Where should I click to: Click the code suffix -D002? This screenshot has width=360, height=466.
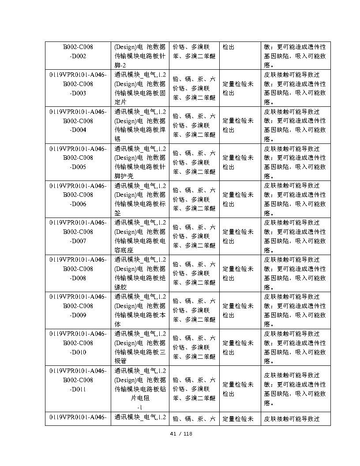pyautogui.click(x=78, y=56)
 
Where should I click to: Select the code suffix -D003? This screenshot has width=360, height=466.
pyautogui.click(x=78, y=93)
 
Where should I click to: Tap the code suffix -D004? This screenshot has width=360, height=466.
pyautogui.click(x=78, y=130)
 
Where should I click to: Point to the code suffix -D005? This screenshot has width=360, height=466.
pyautogui.click(x=78, y=167)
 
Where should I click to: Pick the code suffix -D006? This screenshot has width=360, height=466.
pyautogui.click(x=78, y=204)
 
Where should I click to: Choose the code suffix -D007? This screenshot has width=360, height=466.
pyautogui.click(x=78, y=241)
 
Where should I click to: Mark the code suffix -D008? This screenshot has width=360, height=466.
pyautogui.click(x=78, y=278)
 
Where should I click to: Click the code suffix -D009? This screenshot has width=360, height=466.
pyautogui.click(x=78, y=316)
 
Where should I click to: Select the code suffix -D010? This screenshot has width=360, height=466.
pyautogui.click(x=78, y=353)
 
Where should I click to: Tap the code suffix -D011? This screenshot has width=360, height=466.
pyautogui.click(x=78, y=390)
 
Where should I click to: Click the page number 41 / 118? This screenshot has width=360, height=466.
pyautogui.click(x=181, y=434)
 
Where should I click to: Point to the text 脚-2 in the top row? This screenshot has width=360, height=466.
pyautogui.click(x=120, y=65)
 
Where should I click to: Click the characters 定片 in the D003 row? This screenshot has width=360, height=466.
pyautogui.click(x=120, y=102)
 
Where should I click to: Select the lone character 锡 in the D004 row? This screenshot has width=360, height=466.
pyautogui.click(x=117, y=139)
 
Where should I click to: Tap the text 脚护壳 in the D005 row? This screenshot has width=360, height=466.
pyautogui.click(x=124, y=177)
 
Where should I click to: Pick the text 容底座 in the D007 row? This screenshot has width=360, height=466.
pyautogui.click(x=124, y=251)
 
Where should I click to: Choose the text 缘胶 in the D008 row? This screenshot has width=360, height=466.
pyautogui.click(x=120, y=288)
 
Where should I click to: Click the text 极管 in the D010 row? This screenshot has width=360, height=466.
pyautogui.click(x=120, y=362)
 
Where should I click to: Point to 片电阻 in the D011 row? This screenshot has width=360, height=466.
pyautogui.click(x=140, y=398)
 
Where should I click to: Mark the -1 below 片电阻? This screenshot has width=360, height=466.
pyautogui.click(x=139, y=408)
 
